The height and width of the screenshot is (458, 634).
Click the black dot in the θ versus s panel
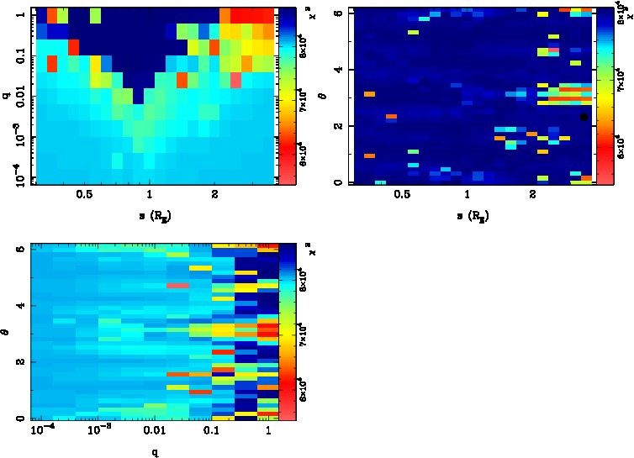pyautogui.click(x=584, y=117)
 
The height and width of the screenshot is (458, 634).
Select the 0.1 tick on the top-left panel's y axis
pyautogui.click(x=18, y=57)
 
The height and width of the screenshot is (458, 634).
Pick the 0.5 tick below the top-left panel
pyautogui.click(x=84, y=194)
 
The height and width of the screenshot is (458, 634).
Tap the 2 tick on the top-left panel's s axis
pyautogui.click(x=215, y=194)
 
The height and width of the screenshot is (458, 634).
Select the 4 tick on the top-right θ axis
pyautogui.click(x=337, y=69)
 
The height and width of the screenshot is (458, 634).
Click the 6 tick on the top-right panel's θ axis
pyautogui.click(x=337, y=13)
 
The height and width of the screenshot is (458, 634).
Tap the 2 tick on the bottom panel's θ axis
pyautogui.click(x=18, y=361)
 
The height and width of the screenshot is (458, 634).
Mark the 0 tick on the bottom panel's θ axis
pyautogui.click(x=18, y=418)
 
